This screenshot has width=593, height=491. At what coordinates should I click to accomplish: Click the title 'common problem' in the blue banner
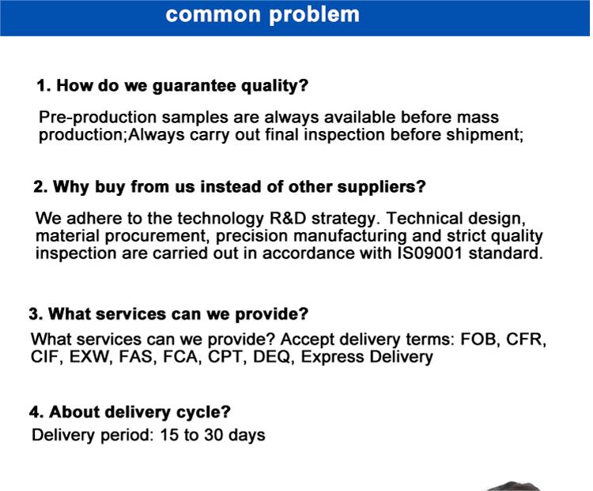point(263,15)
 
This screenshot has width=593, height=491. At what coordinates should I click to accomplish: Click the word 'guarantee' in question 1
point(195,86)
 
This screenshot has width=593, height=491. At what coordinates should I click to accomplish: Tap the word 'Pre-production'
point(97,118)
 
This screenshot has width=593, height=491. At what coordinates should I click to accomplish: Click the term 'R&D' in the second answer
point(288,219)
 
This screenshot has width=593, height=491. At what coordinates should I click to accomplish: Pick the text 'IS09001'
point(430,253)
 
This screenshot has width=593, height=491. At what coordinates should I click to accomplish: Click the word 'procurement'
point(157,236)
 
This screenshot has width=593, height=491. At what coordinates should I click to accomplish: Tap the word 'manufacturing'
point(349,236)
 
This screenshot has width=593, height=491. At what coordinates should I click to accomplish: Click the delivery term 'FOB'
point(478,339)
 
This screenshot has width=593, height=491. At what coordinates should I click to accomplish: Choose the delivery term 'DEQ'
point(272,357)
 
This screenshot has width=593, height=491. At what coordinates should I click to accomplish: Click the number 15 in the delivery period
point(169,435)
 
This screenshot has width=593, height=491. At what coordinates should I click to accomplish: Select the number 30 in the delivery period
point(213,435)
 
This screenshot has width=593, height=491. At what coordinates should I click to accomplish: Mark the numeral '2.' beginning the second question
point(40,187)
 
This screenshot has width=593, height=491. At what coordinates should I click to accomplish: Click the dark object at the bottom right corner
point(514,486)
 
